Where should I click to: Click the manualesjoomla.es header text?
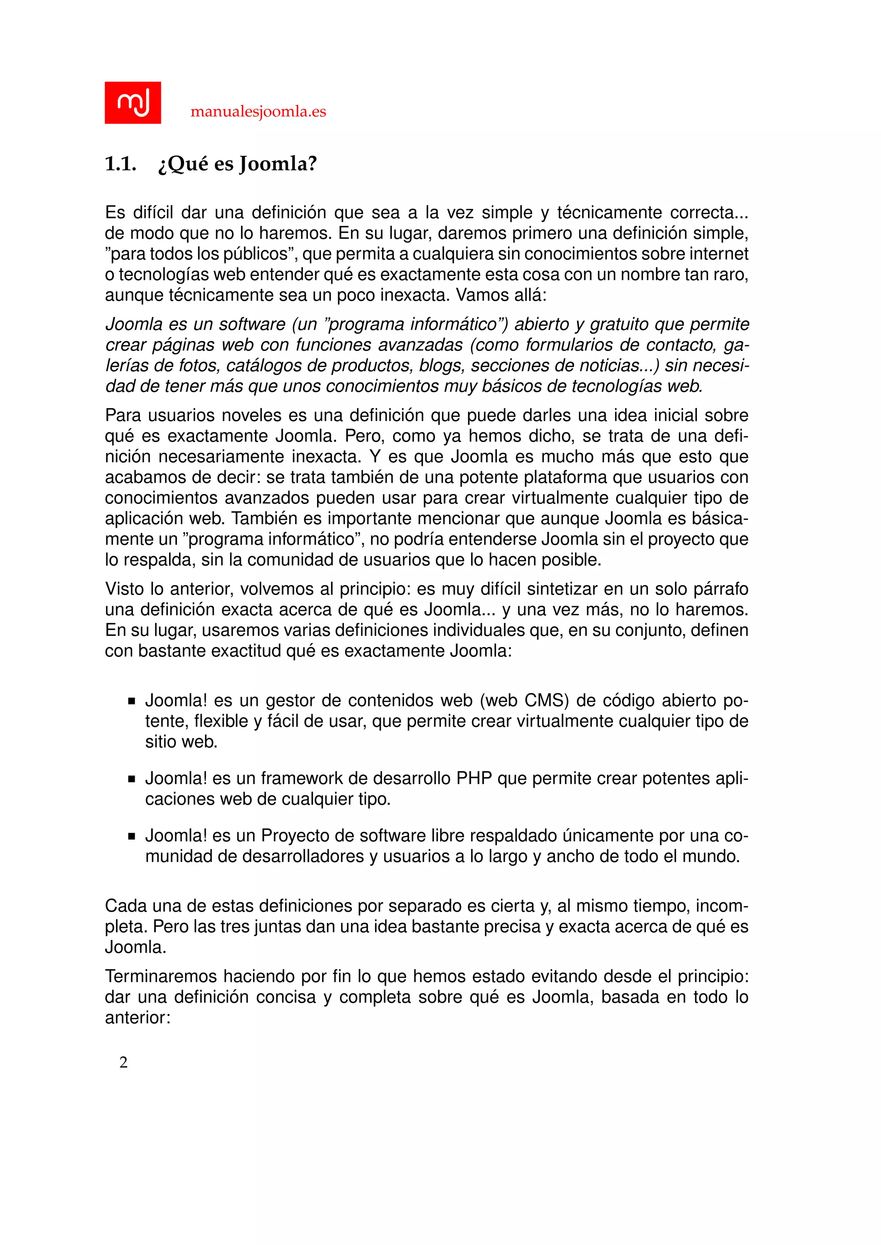click(x=258, y=112)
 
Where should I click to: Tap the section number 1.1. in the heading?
click(x=120, y=164)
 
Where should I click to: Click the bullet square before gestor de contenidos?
click(x=131, y=701)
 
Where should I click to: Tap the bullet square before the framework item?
click(x=131, y=779)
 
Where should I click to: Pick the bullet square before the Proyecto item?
click(x=131, y=836)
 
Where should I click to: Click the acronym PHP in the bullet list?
click(x=474, y=778)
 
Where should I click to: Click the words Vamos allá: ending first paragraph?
click(x=501, y=295)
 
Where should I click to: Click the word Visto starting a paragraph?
click(x=124, y=589)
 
